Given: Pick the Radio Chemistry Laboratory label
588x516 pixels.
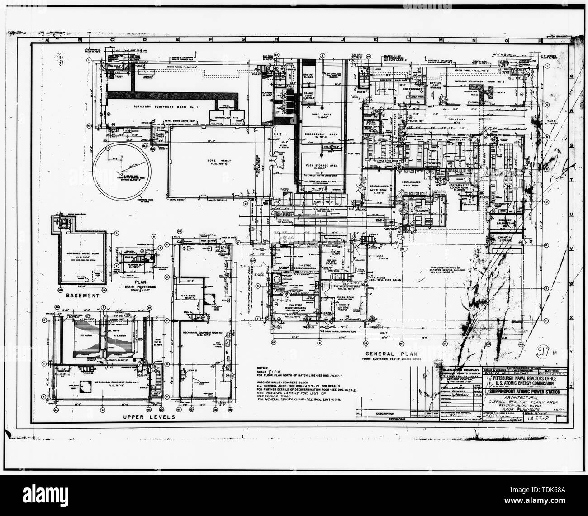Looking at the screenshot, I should (442, 139).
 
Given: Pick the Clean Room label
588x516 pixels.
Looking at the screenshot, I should (346, 297).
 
